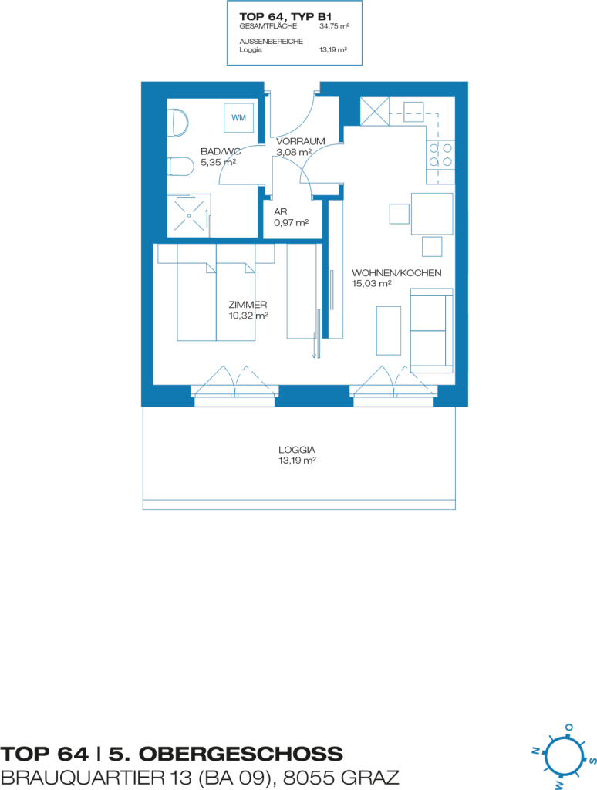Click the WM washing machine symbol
[x=239, y=117]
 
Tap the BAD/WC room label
[x=221, y=151]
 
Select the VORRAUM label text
[x=300, y=142]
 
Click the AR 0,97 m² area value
[x=292, y=223]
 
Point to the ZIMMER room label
[x=248, y=305]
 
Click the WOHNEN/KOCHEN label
[x=396, y=273]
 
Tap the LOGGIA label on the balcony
[x=297, y=450]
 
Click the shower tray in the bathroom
[x=189, y=216]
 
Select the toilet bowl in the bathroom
[x=180, y=167]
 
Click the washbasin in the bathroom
[x=179, y=122]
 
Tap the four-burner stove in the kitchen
[x=440, y=155]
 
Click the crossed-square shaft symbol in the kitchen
[x=375, y=111]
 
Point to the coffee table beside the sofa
[x=389, y=330]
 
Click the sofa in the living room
[x=432, y=330]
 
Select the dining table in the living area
[x=432, y=214]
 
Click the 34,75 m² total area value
[x=334, y=26]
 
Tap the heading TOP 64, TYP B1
[x=285, y=17]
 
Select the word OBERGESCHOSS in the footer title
[x=241, y=754]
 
